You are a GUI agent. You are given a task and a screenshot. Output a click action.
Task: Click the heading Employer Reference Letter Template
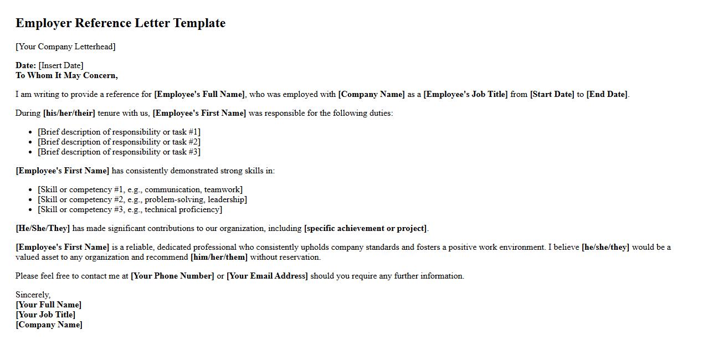(120, 23)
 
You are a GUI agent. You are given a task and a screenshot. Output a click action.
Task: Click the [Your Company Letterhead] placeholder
(65, 47)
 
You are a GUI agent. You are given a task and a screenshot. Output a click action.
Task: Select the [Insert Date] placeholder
(61, 65)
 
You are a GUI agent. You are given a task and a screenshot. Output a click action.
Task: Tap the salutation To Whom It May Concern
(66, 75)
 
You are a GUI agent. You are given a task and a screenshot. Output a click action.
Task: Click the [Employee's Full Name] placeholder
(199, 94)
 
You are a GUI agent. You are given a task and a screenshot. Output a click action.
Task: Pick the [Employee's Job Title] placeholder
(465, 94)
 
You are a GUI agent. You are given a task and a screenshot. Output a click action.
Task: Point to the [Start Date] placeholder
(552, 94)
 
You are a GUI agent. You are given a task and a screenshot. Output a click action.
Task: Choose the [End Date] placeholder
(607, 94)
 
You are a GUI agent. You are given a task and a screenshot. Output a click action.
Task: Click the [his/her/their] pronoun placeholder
(69, 113)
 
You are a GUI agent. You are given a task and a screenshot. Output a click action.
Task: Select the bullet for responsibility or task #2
(119, 142)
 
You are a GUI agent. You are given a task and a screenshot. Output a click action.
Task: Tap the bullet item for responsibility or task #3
(119, 152)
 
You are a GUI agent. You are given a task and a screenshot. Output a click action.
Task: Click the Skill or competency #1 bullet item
(140, 189)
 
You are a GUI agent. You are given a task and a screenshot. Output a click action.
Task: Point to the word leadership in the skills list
(227, 199)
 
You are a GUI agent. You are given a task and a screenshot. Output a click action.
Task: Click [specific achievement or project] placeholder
(366, 228)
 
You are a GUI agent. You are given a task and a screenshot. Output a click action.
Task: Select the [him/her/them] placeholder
(219, 257)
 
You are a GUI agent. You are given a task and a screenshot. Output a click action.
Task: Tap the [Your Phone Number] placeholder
(172, 276)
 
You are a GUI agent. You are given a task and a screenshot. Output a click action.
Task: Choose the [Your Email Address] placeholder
(267, 276)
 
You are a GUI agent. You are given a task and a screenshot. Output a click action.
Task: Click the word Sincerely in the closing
(32, 295)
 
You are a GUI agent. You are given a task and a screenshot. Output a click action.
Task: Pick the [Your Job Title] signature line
(45, 315)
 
